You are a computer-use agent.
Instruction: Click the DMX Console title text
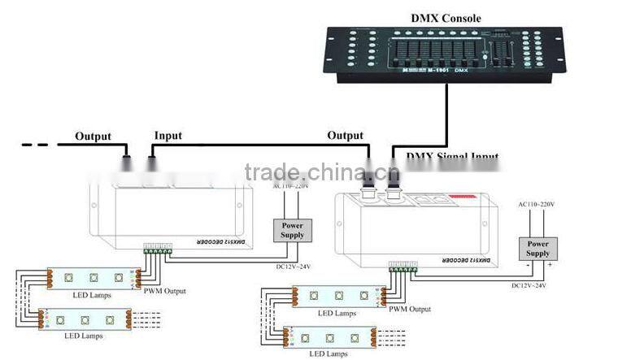point(446,18)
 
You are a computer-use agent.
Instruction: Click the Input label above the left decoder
point(168,136)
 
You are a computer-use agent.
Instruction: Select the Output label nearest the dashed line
point(94,136)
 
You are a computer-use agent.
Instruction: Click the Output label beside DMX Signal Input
point(345,136)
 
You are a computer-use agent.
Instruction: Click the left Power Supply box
point(292,229)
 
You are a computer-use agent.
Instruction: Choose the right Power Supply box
point(537,248)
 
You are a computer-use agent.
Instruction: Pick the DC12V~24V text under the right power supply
point(529,285)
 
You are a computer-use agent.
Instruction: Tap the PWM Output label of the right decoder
point(409,308)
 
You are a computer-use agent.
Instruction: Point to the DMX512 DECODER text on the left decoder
point(198,242)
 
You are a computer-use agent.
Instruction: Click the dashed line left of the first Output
point(36,145)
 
